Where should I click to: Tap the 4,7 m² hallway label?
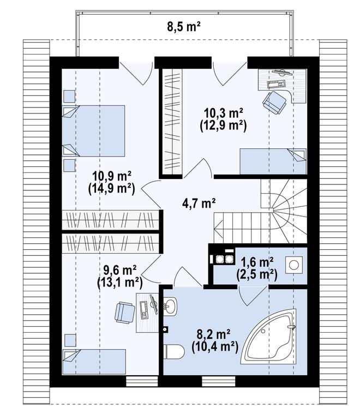(198, 204)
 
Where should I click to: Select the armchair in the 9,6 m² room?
(125, 312)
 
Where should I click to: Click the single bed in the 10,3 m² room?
(273, 161)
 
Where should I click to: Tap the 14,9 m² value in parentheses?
(111, 189)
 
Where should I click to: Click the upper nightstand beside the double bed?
(69, 97)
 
